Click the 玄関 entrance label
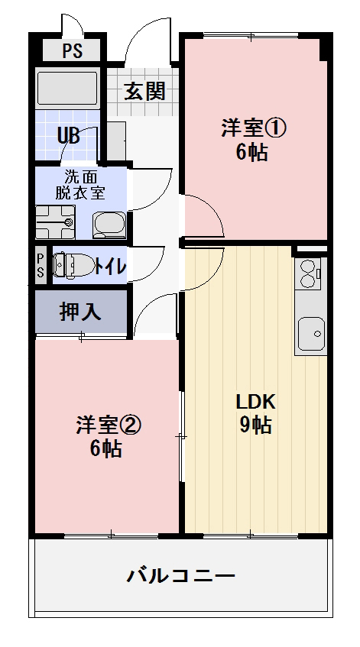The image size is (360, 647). tap(144, 92)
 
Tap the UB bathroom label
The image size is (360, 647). tap(69, 136)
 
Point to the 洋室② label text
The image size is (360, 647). tap(106, 425)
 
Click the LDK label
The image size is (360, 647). tap(255, 402)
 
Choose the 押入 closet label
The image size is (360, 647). tap(80, 312)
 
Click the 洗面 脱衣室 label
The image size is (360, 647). tap(79, 183)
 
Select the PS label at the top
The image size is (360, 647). tap(72, 51)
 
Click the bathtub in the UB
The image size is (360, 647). tap(68, 88)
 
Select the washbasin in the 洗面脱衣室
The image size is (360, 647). tap(109, 224)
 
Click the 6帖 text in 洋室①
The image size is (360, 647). tap(251, 152)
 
